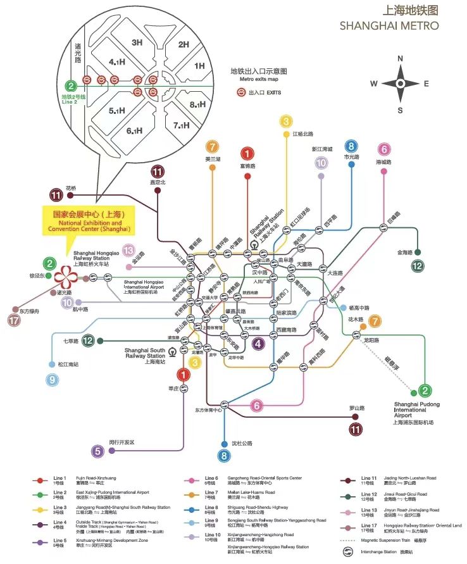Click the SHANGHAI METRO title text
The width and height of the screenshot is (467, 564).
(x=389, y=26)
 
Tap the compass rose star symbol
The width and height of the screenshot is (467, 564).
(x=400, y=84)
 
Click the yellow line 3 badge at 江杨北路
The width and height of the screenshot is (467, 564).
(x=287, y=122)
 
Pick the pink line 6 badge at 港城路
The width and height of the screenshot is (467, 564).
(x=383, y=150)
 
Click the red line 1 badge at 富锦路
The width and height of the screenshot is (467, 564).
(x=247, y=153)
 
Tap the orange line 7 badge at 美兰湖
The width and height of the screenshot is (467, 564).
(x=212, y=146)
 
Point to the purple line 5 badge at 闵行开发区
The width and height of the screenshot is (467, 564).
(x=97, y=451)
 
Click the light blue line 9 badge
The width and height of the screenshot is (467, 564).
(x=51, y=380)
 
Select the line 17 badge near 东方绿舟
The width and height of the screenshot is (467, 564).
(x=15, y=320)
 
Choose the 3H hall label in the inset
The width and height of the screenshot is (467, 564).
(x=137, y=42)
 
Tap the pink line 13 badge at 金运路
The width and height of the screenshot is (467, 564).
(x=129, y=250)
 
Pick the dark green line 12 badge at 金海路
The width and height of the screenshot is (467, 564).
(x=416, y=266)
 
